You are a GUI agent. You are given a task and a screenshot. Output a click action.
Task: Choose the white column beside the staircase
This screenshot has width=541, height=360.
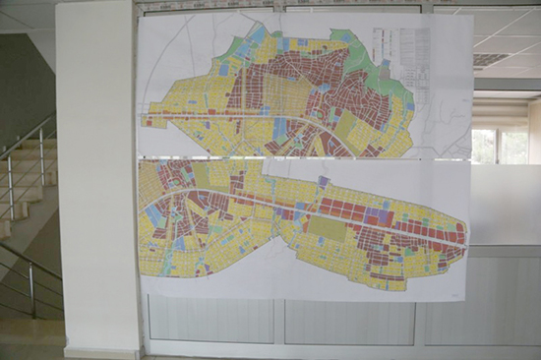(97, 177)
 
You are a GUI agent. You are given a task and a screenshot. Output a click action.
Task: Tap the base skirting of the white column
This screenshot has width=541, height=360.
(101, 350)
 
